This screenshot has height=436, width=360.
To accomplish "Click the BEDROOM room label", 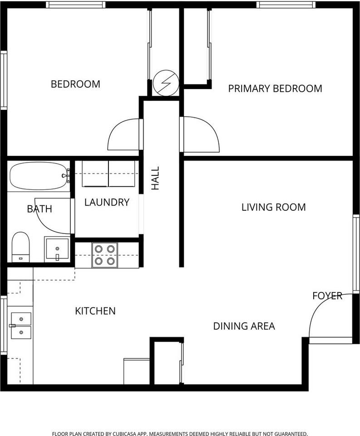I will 75,84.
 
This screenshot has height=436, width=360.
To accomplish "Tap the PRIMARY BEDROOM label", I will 275,89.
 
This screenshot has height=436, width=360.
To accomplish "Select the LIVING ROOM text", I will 273,208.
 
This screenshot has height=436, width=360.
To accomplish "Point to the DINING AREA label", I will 244,326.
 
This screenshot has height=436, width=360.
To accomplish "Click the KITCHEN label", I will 95,311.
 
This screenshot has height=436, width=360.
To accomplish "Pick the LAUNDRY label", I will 107,203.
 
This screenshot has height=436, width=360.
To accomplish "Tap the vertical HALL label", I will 155,178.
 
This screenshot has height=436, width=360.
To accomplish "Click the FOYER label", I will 327,296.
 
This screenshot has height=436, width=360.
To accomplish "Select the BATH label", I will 39,209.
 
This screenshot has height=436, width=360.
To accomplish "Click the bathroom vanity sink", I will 57,249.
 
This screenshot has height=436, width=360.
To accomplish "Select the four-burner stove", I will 104,255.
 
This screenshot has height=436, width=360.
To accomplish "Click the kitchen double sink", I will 20,326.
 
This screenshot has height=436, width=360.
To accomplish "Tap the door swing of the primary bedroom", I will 200,134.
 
